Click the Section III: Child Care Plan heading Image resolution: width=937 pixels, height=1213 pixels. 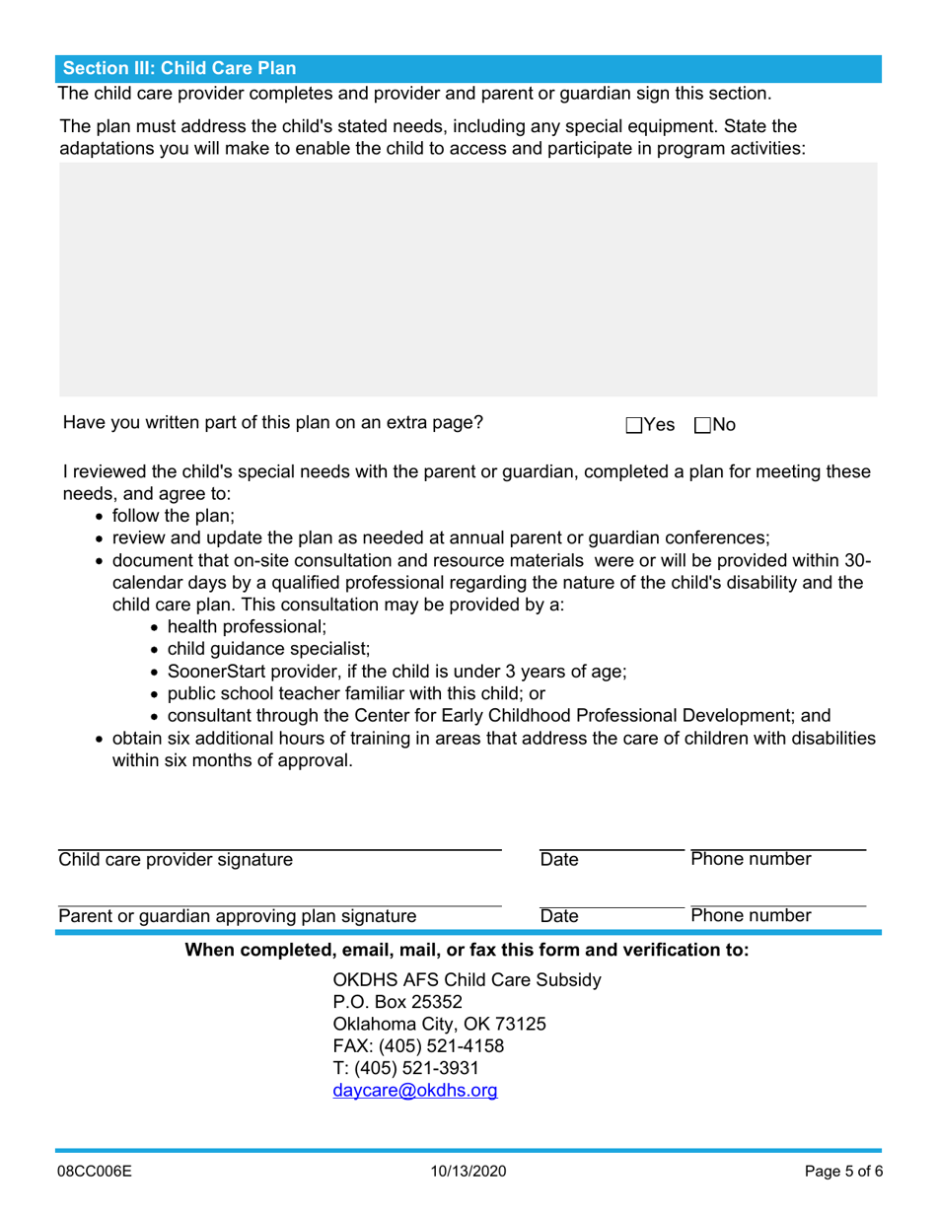click(x=179, y=69)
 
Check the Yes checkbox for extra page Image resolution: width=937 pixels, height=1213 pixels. click(x=633, y=425)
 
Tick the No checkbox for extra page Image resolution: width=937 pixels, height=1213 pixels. click(x=703, y=425)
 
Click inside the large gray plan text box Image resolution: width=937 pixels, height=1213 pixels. click(x=468, y=280)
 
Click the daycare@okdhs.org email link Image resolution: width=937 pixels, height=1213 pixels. click(x=415, y=1091)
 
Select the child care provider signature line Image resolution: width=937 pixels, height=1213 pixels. click(x=279, y=838)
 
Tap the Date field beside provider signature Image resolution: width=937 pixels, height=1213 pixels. click(x=611, y=838)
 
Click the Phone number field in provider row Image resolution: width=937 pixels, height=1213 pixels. click(x=777, y=838)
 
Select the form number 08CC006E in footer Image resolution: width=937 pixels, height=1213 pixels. click(x=94, y=1173)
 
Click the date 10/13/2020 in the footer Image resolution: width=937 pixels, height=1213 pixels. click(x=468, y=1173)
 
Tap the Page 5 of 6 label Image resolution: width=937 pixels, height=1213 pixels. click(x=843, y=1173)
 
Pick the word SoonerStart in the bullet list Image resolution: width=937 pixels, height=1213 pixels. click(x=214, y=671)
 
